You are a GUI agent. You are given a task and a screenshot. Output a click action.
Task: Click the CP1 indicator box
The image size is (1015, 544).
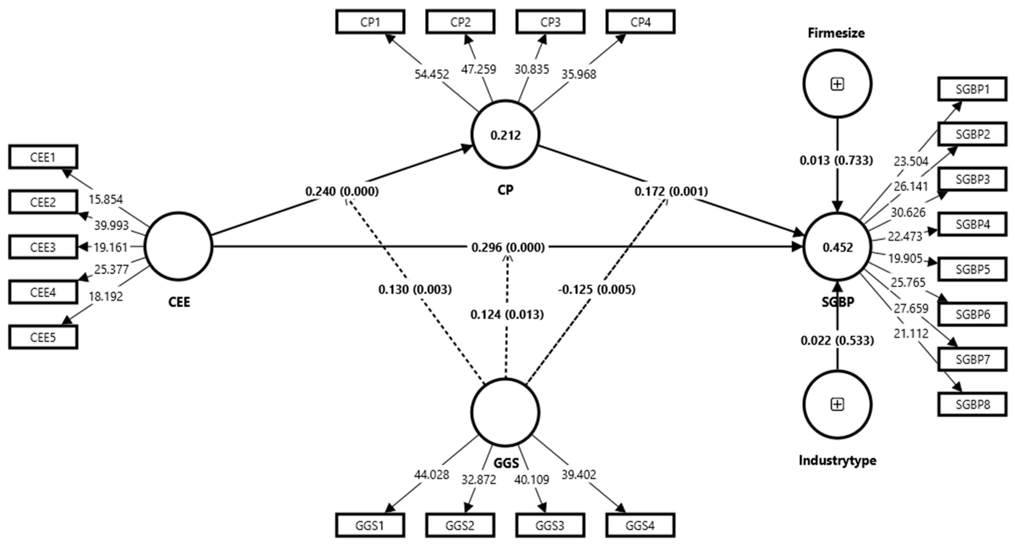(370, 22)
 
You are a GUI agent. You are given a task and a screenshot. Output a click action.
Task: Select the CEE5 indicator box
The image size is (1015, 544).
(43, 337)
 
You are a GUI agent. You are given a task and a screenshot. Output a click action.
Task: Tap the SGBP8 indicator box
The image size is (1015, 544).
(972, 404)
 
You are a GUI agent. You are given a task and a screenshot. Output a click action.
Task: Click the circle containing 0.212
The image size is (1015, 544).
(505, 135)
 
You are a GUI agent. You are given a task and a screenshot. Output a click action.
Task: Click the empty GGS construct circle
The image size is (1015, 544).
(505, 412)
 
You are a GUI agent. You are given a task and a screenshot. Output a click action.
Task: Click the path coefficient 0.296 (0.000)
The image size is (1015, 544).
(508, 247)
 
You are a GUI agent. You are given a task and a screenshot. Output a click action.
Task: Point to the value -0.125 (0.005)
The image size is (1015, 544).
(597, 290)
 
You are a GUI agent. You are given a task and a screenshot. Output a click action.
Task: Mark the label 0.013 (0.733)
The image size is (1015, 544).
(836, 161)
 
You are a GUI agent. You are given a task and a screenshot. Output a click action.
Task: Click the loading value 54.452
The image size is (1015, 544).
(431, 74)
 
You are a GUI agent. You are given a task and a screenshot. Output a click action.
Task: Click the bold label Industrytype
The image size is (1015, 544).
(837, 460)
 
